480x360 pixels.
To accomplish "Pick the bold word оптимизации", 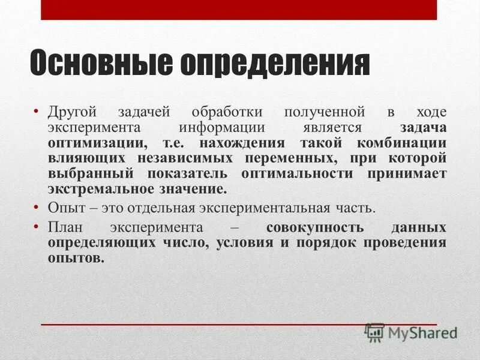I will click(96, 143).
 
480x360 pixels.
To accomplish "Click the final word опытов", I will click(76, 259).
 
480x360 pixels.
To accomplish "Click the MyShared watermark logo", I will click(411, 331).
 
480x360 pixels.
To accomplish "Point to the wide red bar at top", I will click(239, 10).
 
